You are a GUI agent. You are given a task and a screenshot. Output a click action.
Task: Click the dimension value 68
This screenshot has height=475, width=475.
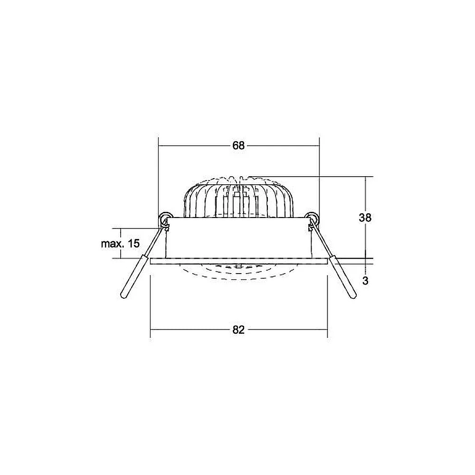pos(238,146)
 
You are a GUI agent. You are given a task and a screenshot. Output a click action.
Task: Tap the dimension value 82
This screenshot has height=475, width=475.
pos(238,330)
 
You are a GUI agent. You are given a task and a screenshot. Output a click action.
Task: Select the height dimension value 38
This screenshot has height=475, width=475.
pos(365,218)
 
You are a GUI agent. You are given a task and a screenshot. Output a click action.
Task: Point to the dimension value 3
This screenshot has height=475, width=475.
pos(365,281)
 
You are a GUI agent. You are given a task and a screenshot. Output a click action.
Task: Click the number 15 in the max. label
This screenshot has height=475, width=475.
pos(133,243)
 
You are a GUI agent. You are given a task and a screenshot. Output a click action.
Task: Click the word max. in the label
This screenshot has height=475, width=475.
pos(113,244)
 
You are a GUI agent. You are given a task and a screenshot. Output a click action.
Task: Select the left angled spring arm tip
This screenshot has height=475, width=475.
pos(123,297)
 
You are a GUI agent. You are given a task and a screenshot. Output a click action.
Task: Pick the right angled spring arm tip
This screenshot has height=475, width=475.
pos(353,297)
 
